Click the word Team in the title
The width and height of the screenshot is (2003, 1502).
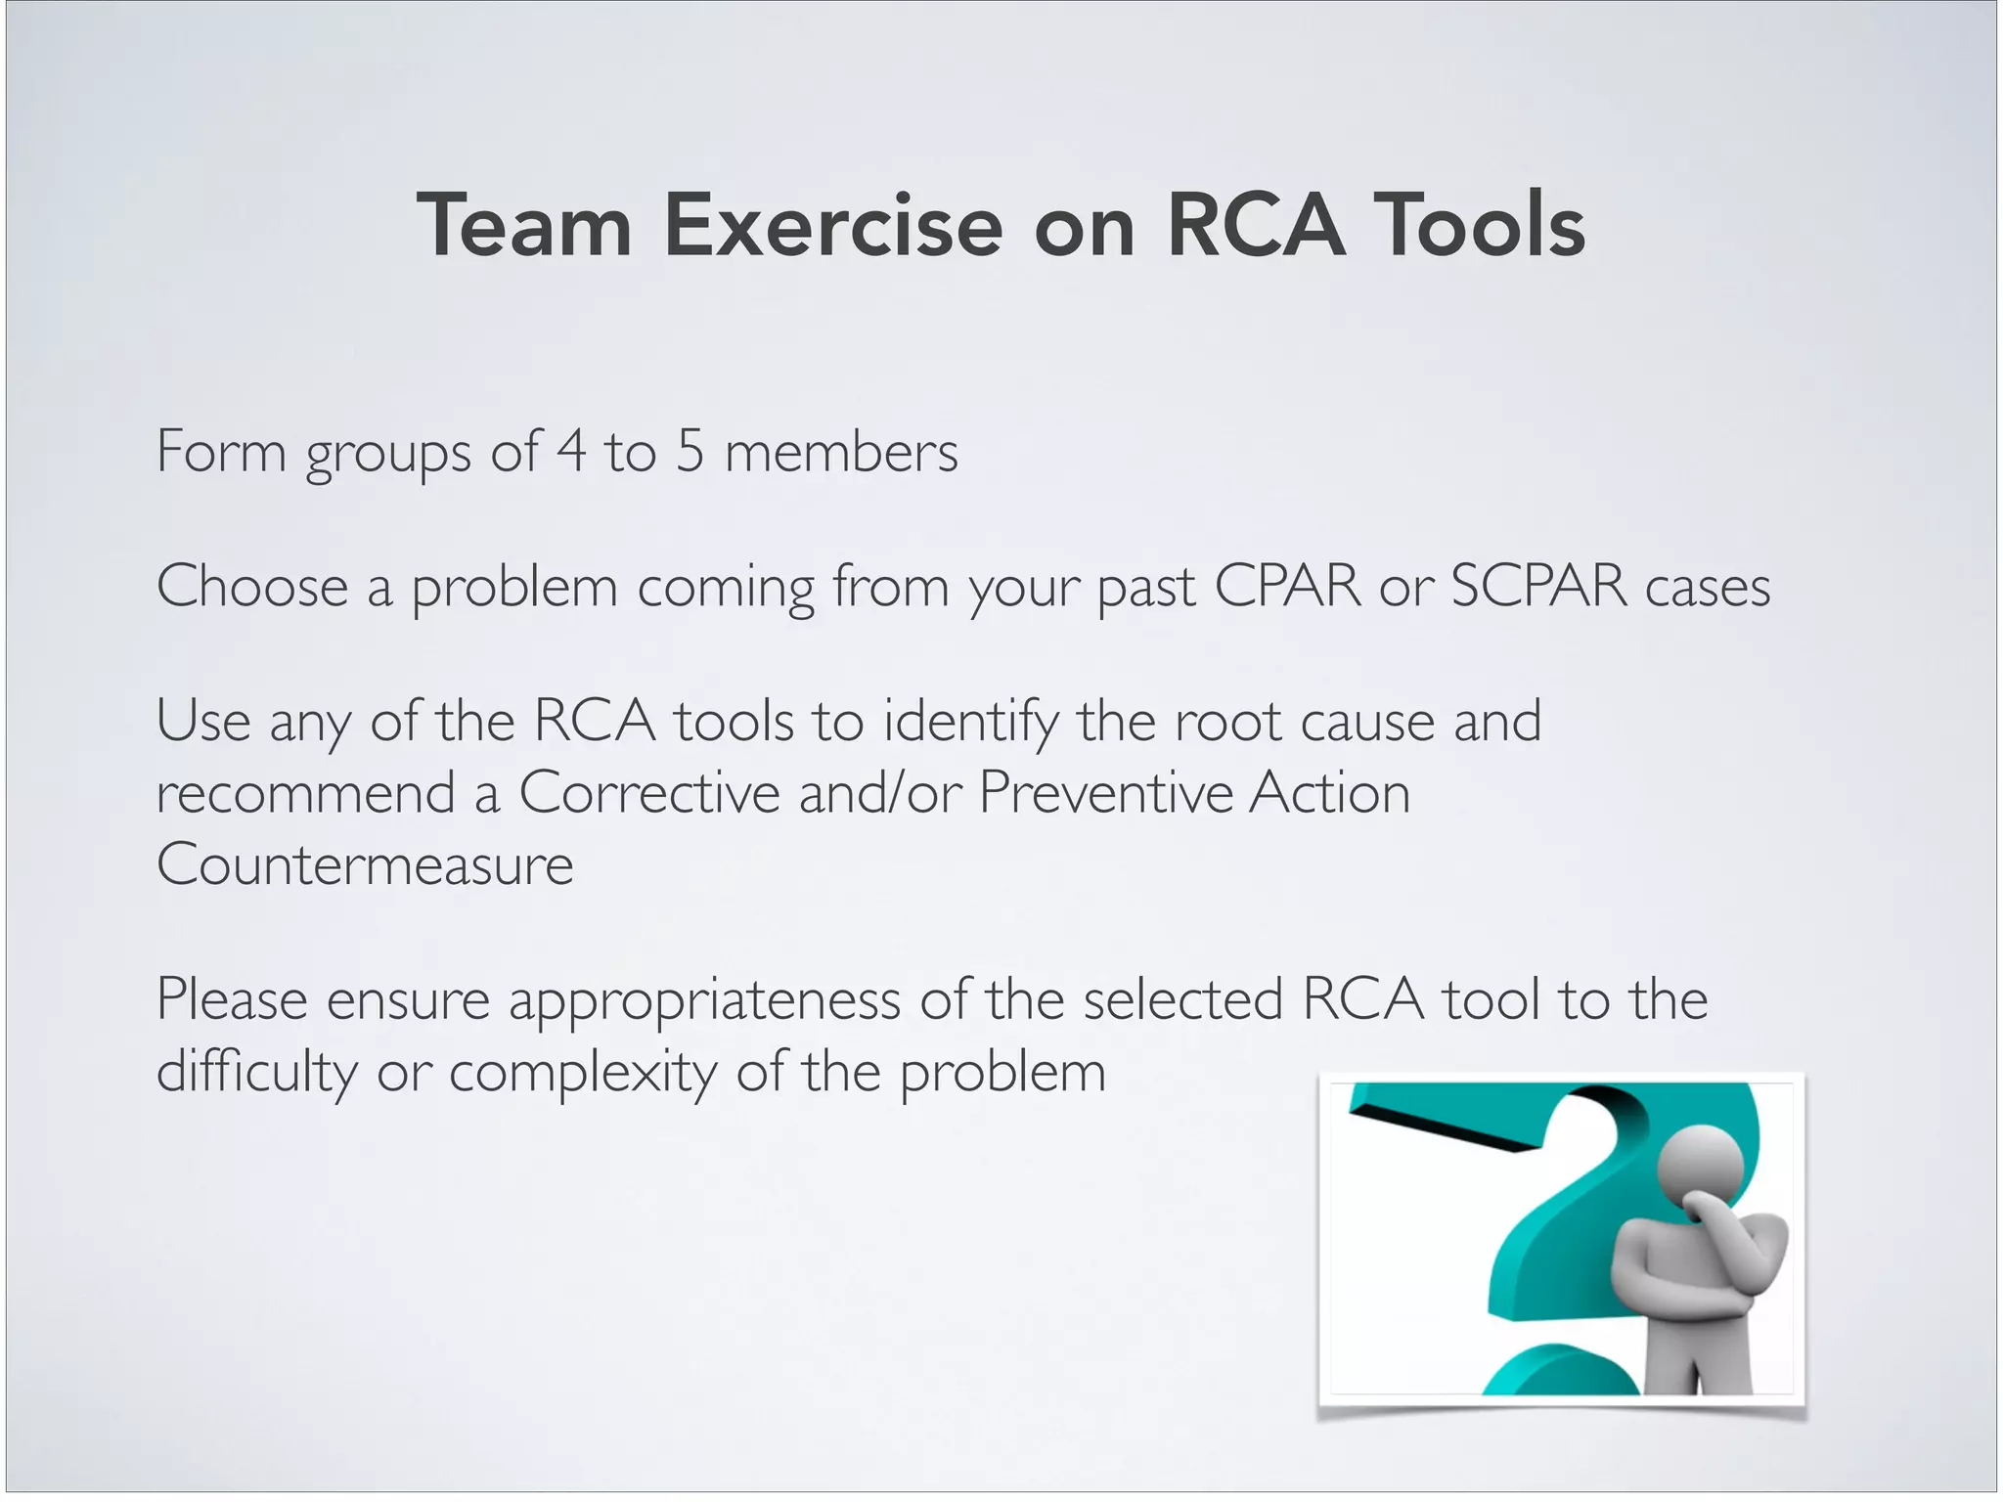pyautogui.click(x=524, y=226)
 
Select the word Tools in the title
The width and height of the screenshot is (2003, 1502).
pyautogui.click(x=1479, y=226)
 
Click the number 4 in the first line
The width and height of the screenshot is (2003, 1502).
pyautogui.click(x=571, y=451)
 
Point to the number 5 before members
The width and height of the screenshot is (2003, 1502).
pyautogui.click(x=690, y=451)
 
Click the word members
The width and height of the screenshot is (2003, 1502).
pyautogui.click(x=841, y=453)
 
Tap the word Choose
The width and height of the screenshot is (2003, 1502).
pyautogui.click(x=252, y=586)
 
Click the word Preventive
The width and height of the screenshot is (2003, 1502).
pyautogui.click(x=1104, y=792)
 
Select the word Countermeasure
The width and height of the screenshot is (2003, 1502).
pyautogui.click(x=365, y=864)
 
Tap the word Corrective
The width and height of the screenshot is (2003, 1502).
pyautogui.click(x=649, y=792)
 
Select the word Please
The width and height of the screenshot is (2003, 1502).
pyautogui.click(x=232, y=999)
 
